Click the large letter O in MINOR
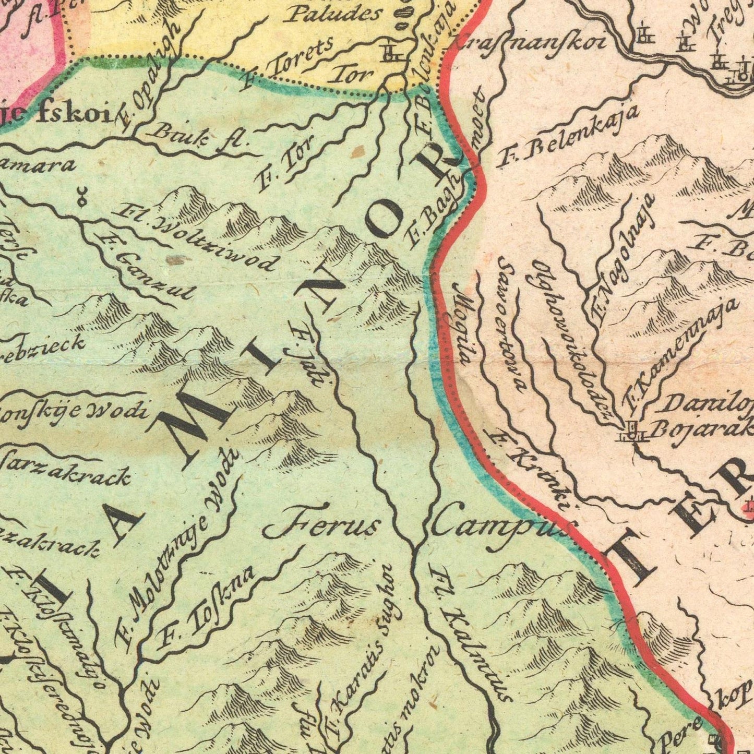pyautogui.click(x=385, y=220)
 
